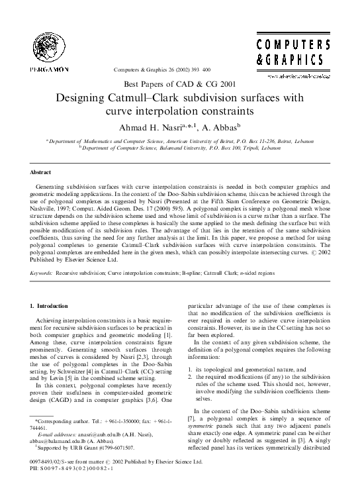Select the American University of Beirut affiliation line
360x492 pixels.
click(180, 142)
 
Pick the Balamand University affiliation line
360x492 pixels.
click(180, 148)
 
